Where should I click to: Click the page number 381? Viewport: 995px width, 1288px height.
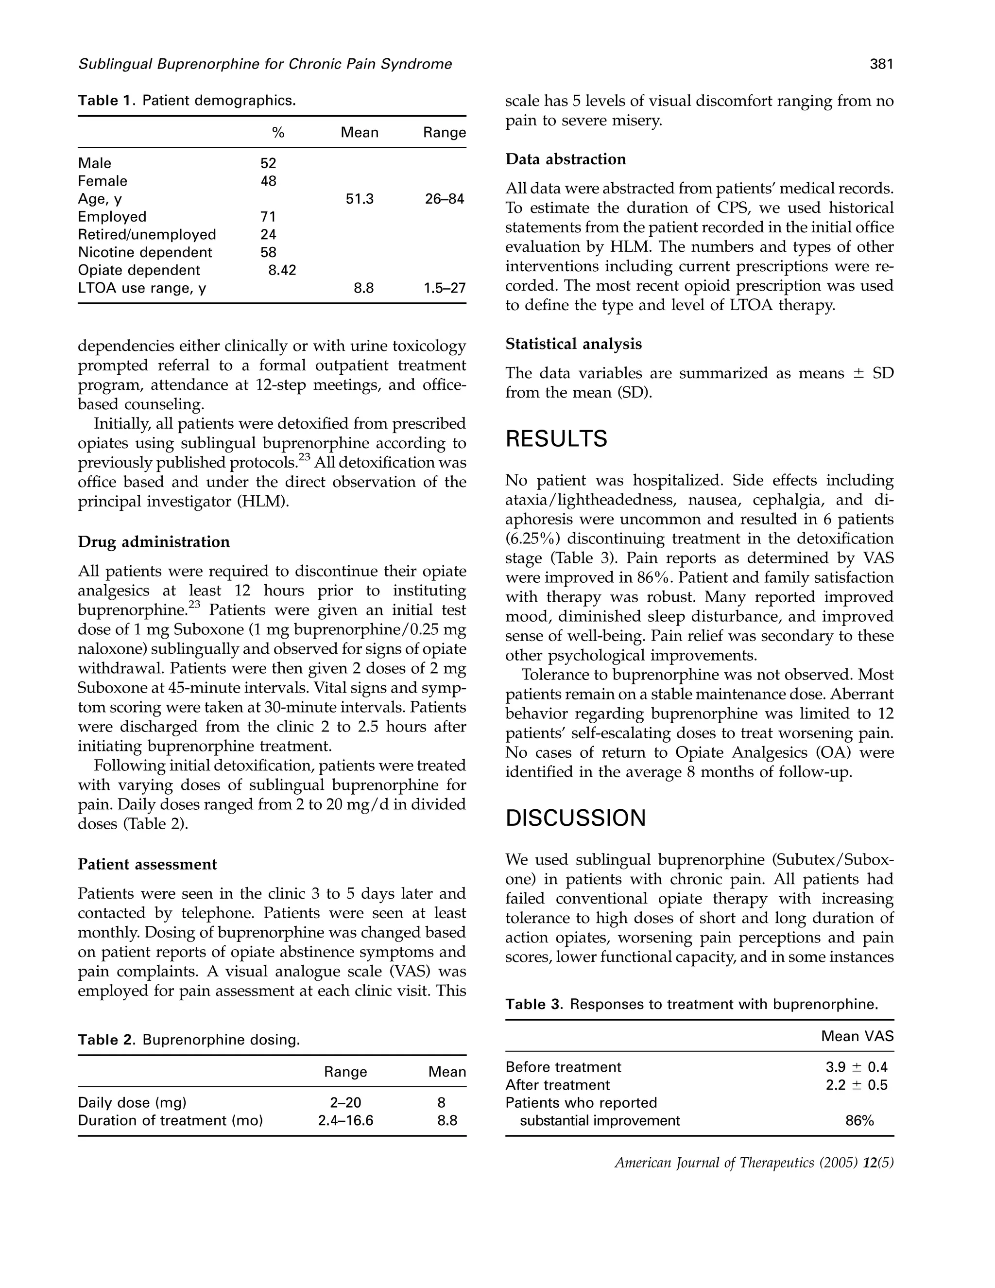pos(881,64)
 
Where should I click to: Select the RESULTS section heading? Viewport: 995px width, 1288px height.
pos(556,439)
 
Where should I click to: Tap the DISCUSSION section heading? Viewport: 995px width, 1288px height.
pos(575,818)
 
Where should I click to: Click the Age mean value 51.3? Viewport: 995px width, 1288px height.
pos(360,199)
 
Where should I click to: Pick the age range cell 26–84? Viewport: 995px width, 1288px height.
pos(445,199)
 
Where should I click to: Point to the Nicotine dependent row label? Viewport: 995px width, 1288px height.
pos(145,252)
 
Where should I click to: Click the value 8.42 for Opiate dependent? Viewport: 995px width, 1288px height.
pos(278,270)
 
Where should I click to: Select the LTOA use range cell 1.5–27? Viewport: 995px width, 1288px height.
pos(445,288)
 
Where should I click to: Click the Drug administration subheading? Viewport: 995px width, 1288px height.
pos(154,541)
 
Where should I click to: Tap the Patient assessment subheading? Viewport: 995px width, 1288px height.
pos(147,864)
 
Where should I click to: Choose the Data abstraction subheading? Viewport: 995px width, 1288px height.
pos(566,159)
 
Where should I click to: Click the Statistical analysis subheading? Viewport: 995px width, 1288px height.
pos(573,344)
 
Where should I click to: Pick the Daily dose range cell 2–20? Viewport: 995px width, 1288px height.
pos(345,1102)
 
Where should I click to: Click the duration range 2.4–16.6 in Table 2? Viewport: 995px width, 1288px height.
pos(345,1120)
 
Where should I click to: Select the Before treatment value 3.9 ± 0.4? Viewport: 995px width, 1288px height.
pos(856,1067)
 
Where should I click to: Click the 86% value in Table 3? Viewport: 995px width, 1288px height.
pos(859,1120)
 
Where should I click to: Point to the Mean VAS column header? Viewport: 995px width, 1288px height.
pos(857,1036)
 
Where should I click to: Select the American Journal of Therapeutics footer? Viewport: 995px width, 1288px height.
pos(754,1163)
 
